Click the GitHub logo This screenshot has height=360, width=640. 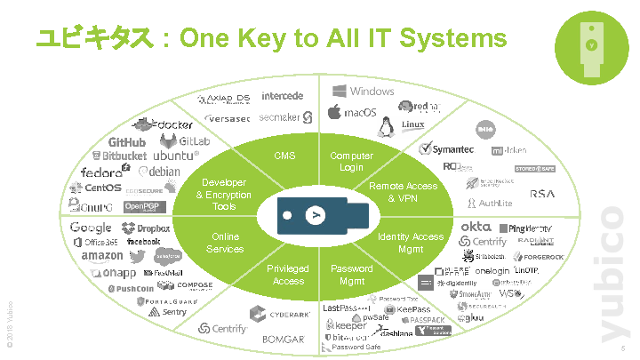click(x=127, y=142)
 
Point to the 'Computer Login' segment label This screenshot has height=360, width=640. click(x=351, y=162)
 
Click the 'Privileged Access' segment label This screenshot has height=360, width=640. click(x=288, y=275)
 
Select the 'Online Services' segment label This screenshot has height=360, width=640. click(x=225, y=243)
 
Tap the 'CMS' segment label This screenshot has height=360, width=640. click(x=284, y=156)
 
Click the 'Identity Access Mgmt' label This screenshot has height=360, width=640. click(x=410, y=243)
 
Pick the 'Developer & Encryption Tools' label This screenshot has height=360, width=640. click(x=224, y=195)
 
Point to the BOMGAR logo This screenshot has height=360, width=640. click(x=283, y=339)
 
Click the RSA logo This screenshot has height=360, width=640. click(x=542, y=194)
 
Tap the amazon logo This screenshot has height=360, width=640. click(x=101, y=257)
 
